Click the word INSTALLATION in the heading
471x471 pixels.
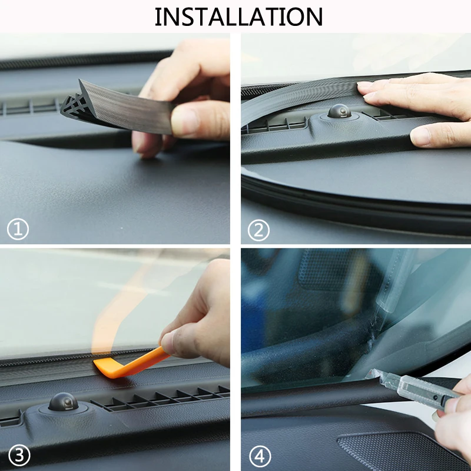pyautogui.click(x=239, y=17)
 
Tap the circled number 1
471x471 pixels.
pyautogui.click(x=18, y=229)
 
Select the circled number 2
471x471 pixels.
pyautogui.click(x=258, y=230)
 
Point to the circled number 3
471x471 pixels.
pyautogui.click(x=19, y=455)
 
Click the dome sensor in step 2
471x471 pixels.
pyautogui.click(x=340, y=111)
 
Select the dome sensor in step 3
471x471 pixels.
pyautogui.click(x=64, y=402)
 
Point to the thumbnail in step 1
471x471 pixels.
pyautogui.click(x=184, y=121)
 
